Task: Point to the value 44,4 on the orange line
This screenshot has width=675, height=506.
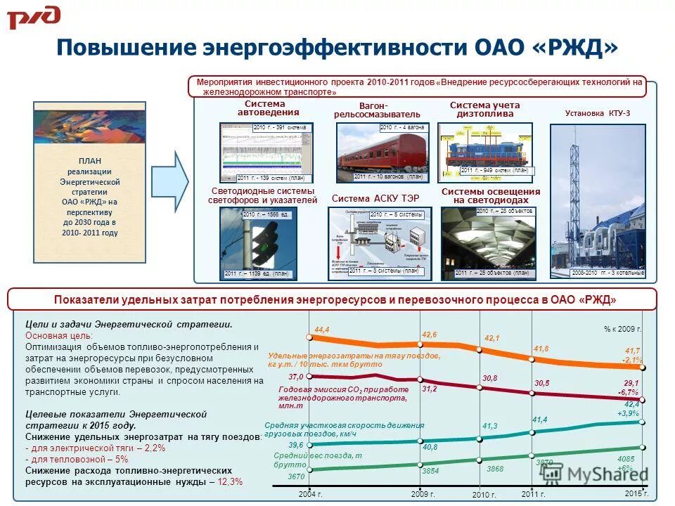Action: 322,330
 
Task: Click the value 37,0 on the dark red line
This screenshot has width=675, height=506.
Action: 295,377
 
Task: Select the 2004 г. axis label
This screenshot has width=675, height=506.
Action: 309,494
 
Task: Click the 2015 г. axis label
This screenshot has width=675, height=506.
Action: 636,494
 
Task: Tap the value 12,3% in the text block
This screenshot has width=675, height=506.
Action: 230,481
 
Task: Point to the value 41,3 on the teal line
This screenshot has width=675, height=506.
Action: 490,427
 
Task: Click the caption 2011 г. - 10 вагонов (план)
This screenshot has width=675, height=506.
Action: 390,176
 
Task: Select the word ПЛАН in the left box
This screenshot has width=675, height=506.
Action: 90,161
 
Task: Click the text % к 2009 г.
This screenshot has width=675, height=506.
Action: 622,328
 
